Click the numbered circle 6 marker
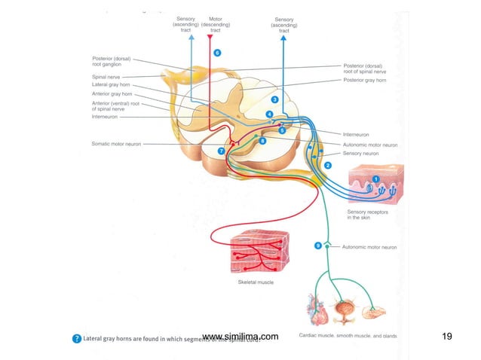point(217,53)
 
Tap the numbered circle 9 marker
point(318,246)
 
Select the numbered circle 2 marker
point(328,163)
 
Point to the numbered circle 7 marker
point(221,151)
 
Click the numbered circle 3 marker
point(275,99)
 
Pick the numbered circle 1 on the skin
point(375,178)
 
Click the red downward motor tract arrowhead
point(210,37)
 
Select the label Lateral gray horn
point(112,84)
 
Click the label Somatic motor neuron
point(116,144)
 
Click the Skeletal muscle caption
point(251,282)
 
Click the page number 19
point(446,337)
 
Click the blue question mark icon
point(76,338)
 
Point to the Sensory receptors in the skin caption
point(366,215)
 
